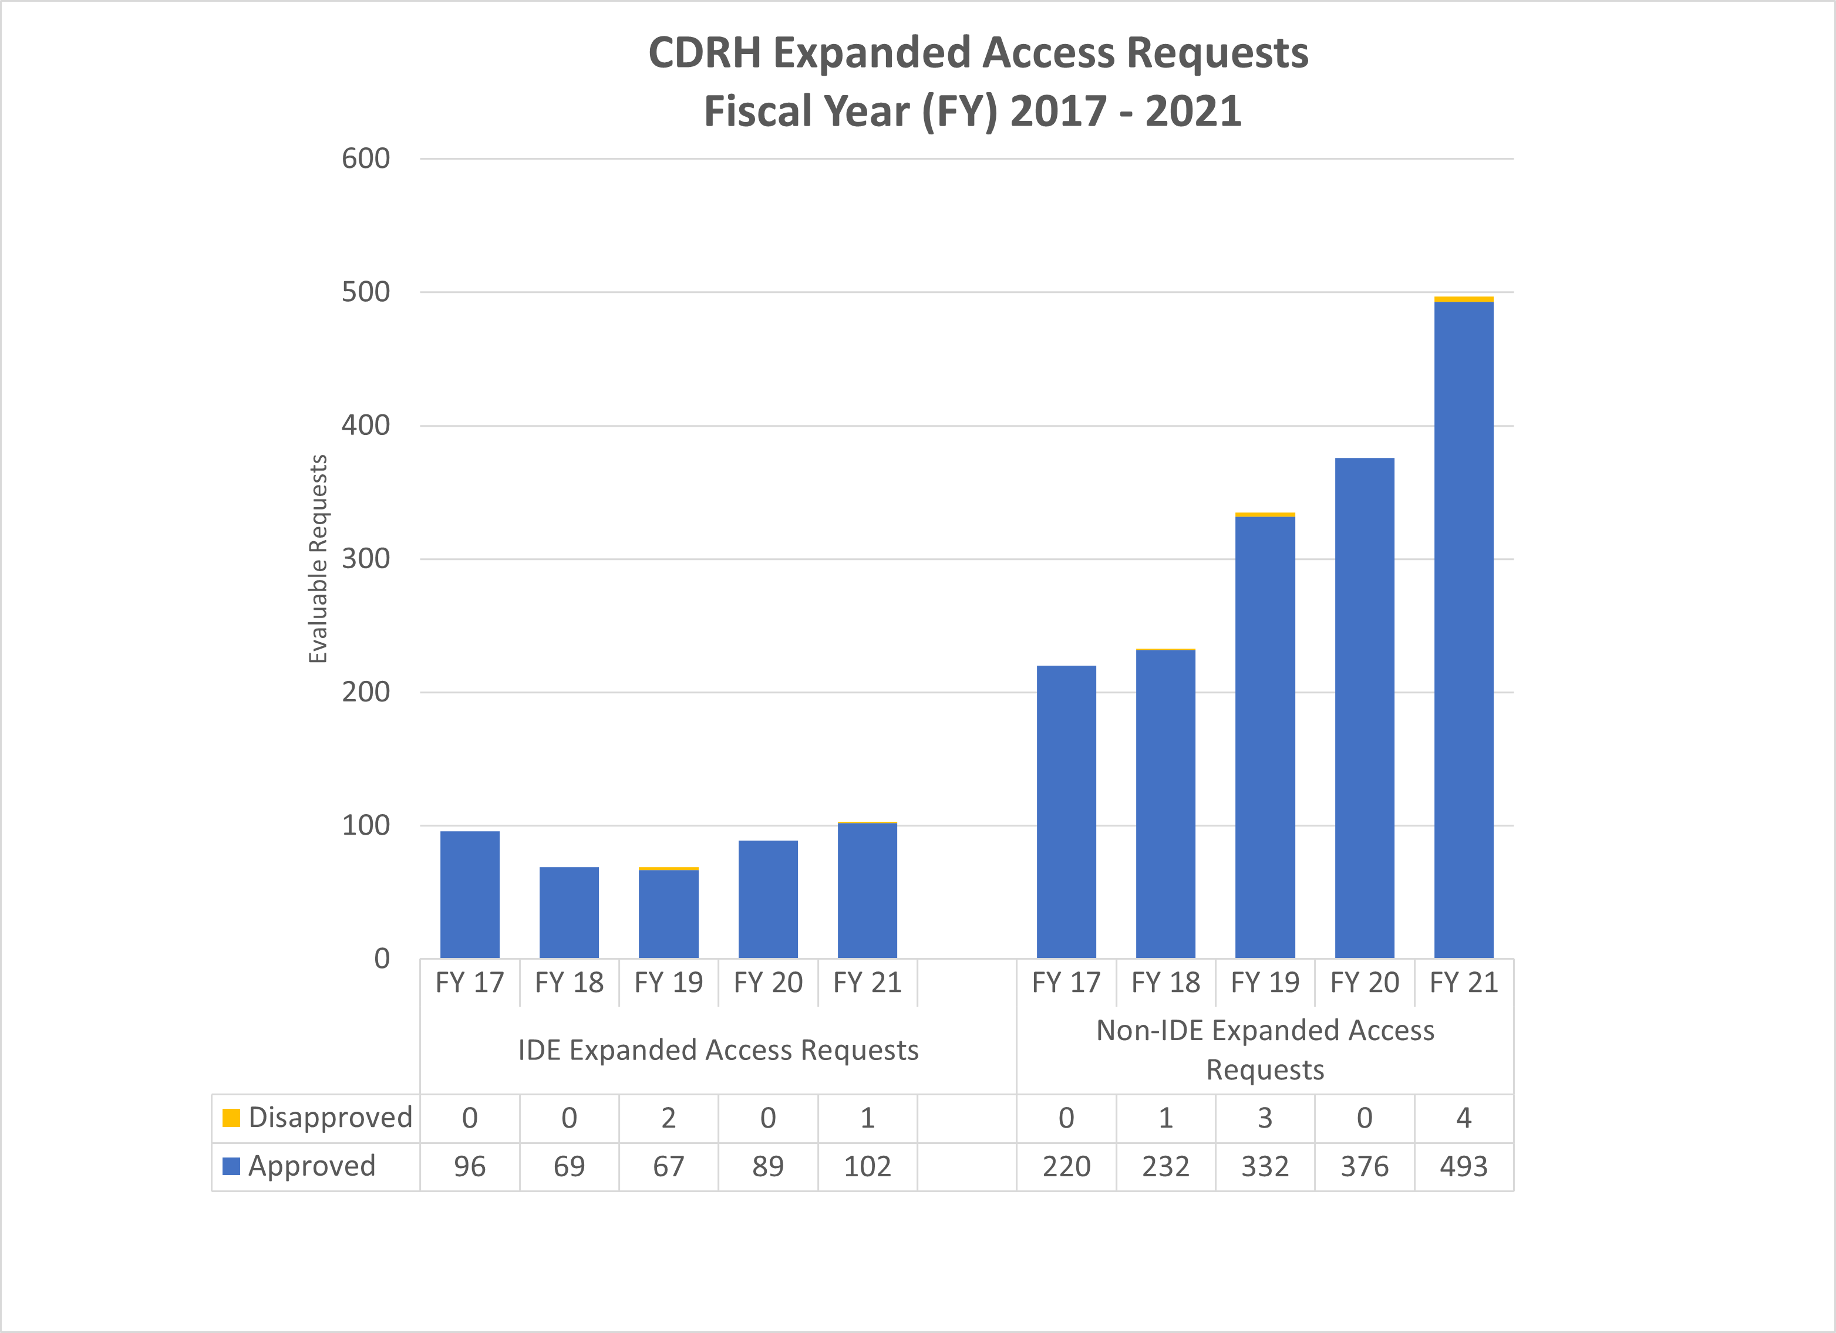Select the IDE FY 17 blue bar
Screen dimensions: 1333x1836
point(470,895)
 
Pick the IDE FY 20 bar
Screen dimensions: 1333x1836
point(767,899)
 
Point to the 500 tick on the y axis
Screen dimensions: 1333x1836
point(366,292)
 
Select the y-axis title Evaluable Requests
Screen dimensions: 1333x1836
point(318,558)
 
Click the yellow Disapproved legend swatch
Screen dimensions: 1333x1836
point(231,1118)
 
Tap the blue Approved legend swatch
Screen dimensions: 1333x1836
point(231,1166)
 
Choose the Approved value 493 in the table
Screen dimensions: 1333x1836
point(1464,1166)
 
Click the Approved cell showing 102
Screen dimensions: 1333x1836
point(867,1166)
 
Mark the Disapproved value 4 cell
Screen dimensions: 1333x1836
point(1464,1118)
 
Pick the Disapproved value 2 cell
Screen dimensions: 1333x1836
point(669,1118)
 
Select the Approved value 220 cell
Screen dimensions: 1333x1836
point(1066,1166)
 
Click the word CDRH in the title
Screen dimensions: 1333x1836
point(705,53)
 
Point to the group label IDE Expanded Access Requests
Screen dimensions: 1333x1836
point(718,1049)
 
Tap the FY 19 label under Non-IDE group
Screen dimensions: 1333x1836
point(1265,983)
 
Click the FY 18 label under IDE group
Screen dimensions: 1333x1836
point(569,983)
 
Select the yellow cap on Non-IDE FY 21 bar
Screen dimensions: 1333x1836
point(1464,299)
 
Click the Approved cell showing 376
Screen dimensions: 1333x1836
point(1364,1166)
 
